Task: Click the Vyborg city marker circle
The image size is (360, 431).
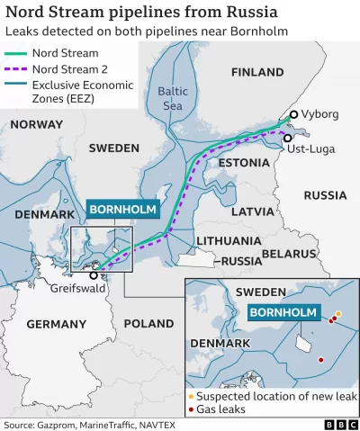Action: (293, 114)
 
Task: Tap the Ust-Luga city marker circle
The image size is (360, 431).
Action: (288, 138)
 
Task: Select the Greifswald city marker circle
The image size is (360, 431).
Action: (94, 275)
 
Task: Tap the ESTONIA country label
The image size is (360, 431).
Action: (243, 163)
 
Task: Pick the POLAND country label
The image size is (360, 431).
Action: (148, 323)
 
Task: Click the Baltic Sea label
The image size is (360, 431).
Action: (172, 97)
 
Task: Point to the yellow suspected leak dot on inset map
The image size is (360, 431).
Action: (338, 314)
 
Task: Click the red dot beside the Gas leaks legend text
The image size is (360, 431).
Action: (191, 409)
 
